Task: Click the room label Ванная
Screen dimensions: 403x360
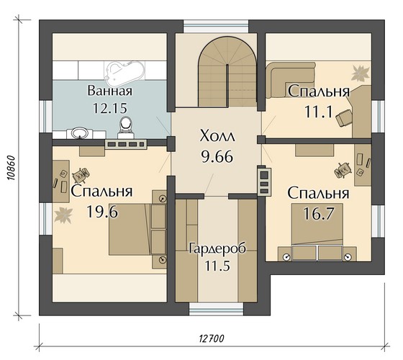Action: (x=109, y=91)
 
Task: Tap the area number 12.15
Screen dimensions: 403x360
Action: (x=109, y=108)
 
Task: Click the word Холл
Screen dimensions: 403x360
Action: (x=217, y=136)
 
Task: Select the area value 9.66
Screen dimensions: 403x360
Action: (x=217, y=156)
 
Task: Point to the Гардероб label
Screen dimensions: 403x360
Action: (x=217, y=248)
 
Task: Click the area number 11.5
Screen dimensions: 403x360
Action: (x=217, y=266)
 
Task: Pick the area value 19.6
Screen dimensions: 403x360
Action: (x=102, y=212)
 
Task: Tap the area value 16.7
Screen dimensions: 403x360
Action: (x=318, y=213)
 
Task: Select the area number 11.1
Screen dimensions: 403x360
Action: (x=319, y=112)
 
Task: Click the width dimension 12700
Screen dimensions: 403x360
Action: (x=212, y=338)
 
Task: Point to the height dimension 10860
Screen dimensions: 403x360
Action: (x=12, y=168)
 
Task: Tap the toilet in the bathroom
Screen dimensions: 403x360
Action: (x=126, y=127)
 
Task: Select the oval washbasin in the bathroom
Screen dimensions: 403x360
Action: (x=80, y=132)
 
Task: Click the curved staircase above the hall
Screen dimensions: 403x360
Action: (x=227, y=71)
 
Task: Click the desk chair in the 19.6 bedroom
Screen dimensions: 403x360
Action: (x=81, y=174)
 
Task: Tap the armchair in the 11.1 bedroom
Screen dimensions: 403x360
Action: (x=344, y=118)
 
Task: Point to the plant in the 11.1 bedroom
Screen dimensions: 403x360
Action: (x=361, y=73)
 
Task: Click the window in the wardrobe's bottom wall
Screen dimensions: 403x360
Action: (x=216, y=309)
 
